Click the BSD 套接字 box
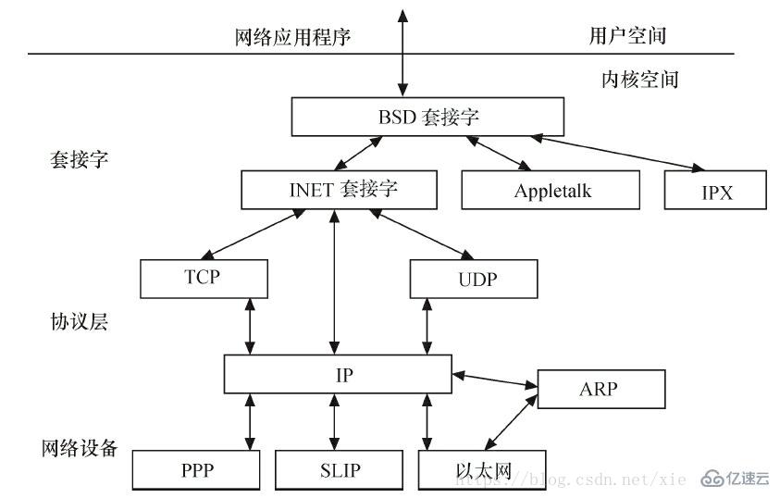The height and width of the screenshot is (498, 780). click(427, 118)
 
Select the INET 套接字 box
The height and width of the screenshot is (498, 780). click(337, 190)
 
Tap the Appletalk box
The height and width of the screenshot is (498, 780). click(551, 191)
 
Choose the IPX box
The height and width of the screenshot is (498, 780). click(715, 191)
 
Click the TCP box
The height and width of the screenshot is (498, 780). click(204, 278)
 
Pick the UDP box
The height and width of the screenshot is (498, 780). click(473, 278)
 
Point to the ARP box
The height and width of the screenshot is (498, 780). click(600, 389)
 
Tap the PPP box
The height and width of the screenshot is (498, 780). click(197, 470)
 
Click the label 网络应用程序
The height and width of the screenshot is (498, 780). click(293, 37)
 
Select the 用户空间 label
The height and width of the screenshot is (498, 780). click(627, 36)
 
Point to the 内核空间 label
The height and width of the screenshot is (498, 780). click(639, 80)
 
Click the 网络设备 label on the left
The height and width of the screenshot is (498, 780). click(80, 449)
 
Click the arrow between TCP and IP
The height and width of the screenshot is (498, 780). click(248, 325)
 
